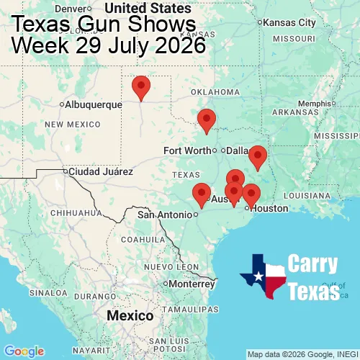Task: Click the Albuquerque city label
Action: click(94, 104)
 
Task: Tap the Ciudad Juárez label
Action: click(101, 172)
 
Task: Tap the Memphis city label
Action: click(314, 103)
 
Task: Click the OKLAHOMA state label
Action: click(215, 92)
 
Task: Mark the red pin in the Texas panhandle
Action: click(141, 86)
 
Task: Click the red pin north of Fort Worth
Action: click(207, 120)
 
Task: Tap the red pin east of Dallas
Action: click(257, 156)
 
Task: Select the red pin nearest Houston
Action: click(251, 194)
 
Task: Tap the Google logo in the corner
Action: click(23, 351)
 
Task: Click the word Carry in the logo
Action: click(313, 264)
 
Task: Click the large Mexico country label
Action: click(130, 316)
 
